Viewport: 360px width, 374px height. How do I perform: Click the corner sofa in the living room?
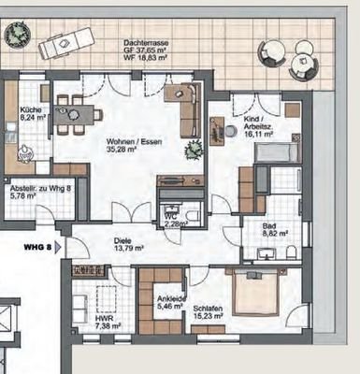pos(184,98)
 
